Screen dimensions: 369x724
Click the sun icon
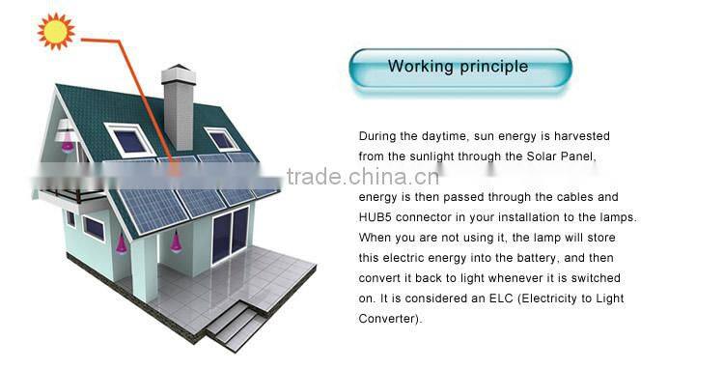[x=56, y=31]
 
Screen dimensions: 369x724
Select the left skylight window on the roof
[x=129, y=140]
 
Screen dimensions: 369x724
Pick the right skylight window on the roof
[x=222, y=138]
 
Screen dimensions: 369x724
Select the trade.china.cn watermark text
[x=367, y=177]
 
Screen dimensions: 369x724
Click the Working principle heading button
[x=459, y=68]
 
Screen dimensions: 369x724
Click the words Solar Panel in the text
[x=574, y=156]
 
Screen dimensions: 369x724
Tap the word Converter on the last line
[x=388, y=319]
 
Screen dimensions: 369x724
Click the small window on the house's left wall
[x=94, y=228]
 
